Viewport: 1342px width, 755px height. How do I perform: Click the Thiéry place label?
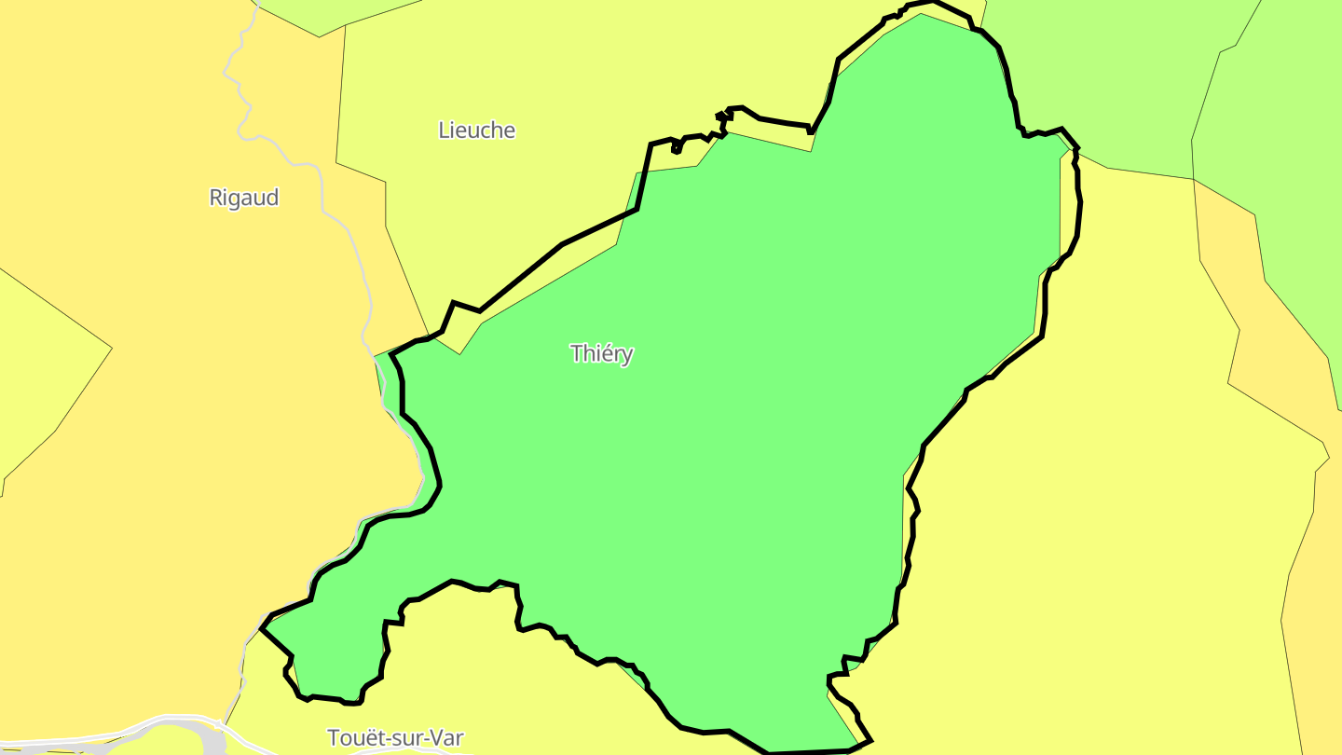(601, 353)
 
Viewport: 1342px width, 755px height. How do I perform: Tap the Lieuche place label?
(476, 130)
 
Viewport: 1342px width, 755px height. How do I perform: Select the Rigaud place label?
(243, 198)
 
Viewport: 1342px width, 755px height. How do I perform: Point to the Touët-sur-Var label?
(395, 738)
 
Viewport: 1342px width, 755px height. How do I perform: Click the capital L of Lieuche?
(444, 130)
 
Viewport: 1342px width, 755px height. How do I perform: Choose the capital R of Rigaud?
(216, 198)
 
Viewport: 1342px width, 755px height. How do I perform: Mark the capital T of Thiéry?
(576, 353)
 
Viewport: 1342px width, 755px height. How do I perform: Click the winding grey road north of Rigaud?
(244, 93)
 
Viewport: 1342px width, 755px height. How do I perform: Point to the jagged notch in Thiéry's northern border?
(721, 117)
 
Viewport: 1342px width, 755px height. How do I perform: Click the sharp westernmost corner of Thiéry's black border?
(262, 628)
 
